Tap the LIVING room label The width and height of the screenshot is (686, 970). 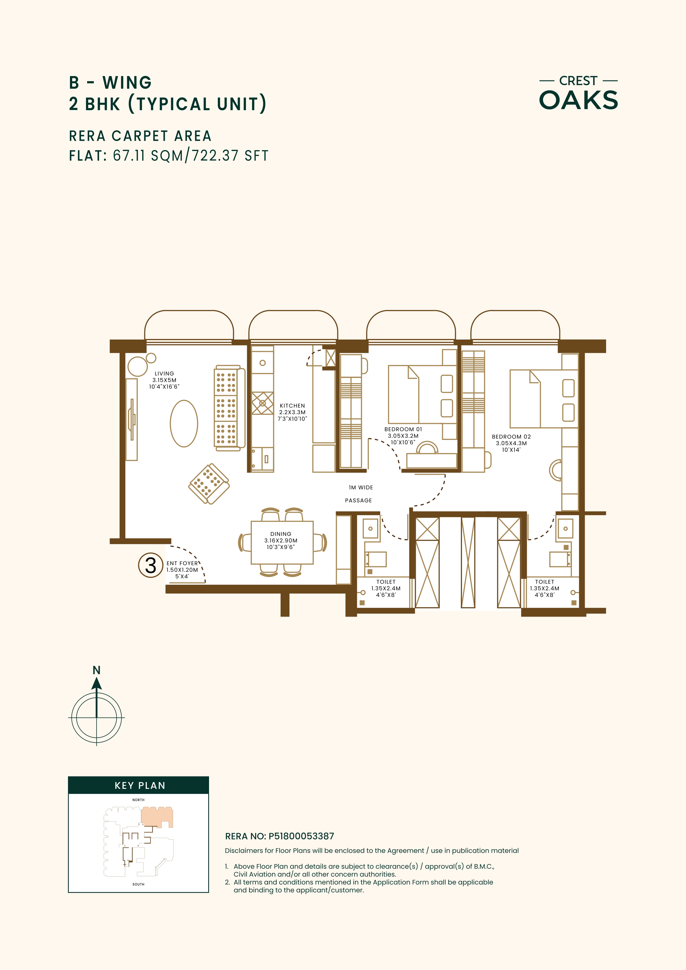[x=164, y=380]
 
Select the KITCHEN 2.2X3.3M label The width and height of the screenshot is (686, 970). [x=292, y=412]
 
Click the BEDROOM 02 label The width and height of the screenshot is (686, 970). [x=511, y=443]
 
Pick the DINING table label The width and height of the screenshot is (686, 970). [x=281, y=540]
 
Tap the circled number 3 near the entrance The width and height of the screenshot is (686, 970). [x=151, y=565]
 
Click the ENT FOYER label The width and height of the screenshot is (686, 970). [x=182, y=570]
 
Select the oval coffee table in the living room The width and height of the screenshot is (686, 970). [x=184, y=423]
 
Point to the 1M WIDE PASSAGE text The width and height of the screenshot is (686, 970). [x=359, y=494]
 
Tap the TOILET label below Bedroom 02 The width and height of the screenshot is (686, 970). [x=544, y=588]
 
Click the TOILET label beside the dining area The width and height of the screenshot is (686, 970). [x=386, y=588]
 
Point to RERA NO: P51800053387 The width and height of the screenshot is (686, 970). [x=279, y=836]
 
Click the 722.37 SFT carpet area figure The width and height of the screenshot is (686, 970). [x=230, y=155]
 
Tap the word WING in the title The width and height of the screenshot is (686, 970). [x=127, y=83]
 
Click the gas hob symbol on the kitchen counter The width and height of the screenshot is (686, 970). [x=262, y=403]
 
